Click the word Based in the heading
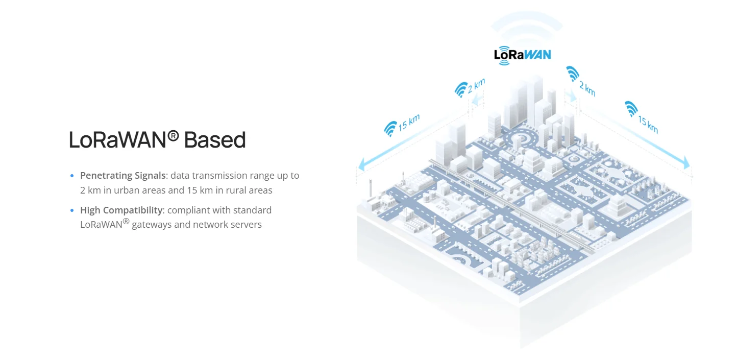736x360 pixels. pyautogui.click(x=214, y=140)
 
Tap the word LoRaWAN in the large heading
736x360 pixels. pyautogui.click(x=118, y=140)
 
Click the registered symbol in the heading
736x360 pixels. pyautogui.click(x=174, y=136)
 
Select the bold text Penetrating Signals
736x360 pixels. pyautogui.click(x=122, y=176)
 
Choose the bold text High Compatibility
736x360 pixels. pyautogui.click(x=121, y=210)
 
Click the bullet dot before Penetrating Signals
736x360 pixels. pyautogui.click(x=72, y=176)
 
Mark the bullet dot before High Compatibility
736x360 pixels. pyautogui.click(x=72, y=210)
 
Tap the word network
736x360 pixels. pyautogui.click(x=209, y=225)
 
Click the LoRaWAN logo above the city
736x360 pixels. pyautogui.click(x=522, y=55)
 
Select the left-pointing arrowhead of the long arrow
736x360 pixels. pyautogui.click(x=361, y=165)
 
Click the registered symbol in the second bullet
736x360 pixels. pyautogui.click(x=126, y=222)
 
